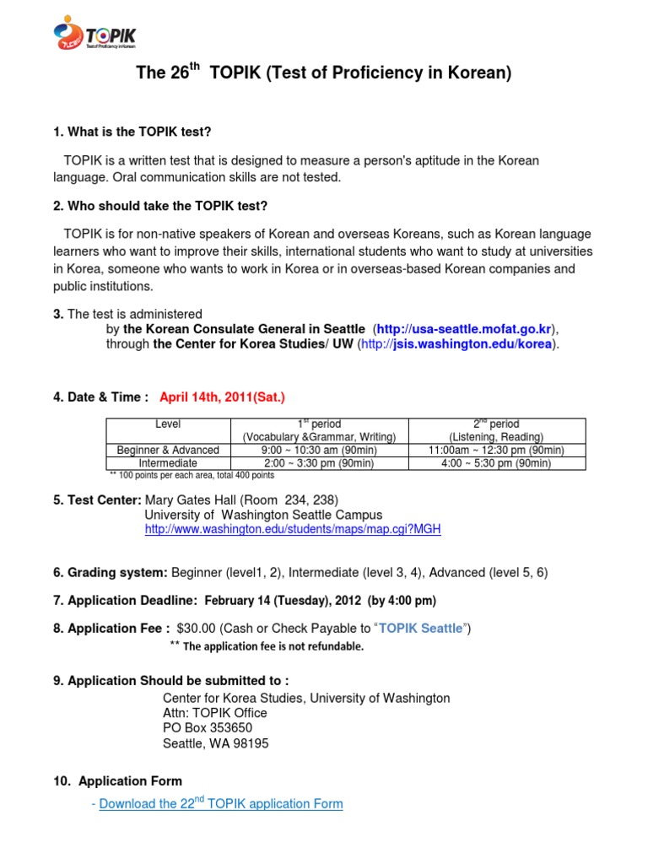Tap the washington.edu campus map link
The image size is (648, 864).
pyautogui.click(x=293, y=530)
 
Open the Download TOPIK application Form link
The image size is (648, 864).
pyautogui.click(x=221, y=804)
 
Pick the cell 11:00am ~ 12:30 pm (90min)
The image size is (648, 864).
pyautogui.click(x=497, y=450)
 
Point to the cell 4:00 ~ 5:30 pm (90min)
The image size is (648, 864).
pyautogui.click(x=497, y=463)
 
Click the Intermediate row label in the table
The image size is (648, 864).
pyautogui.click(x=168, y=463)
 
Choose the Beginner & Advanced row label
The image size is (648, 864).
pyautogui.click(x=168, y=450)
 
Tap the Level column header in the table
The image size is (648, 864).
pyautogui.click(x=168, y=424)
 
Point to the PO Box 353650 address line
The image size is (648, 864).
pyautogui.click(x=207, y=727)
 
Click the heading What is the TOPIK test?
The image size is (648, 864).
pyautogui.click(x=132, y=132)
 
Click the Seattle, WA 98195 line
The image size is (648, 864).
pyautogui.click(x=216, y=743)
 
